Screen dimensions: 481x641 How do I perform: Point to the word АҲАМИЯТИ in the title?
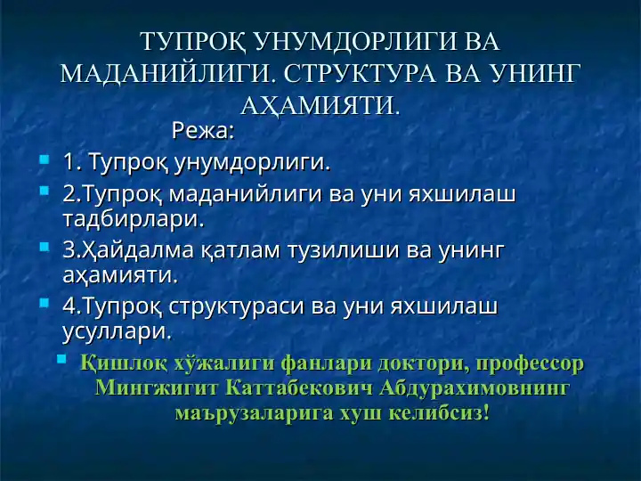[321, 106]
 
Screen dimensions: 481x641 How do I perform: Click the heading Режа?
[203, 132]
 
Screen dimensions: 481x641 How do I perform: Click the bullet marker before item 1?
[44, 162]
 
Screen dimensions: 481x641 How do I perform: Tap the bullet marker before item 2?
[44, 192]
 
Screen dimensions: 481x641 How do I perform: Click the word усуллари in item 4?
[116, 331]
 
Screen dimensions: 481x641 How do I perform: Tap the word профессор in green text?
[530, 363]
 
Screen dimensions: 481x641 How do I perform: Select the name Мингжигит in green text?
[158, 388]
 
